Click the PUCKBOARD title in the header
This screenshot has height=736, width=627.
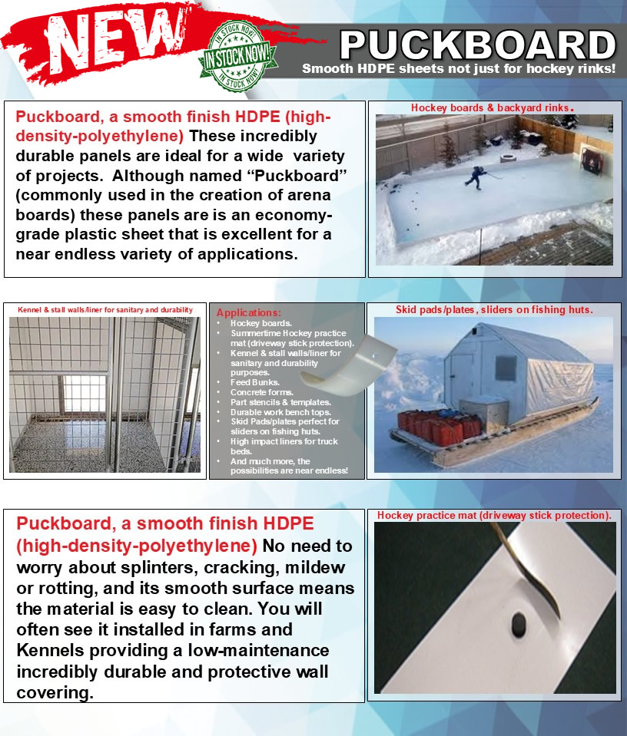click(x=477, y=45)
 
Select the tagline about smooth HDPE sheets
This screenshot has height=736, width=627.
click(x=459, y=68)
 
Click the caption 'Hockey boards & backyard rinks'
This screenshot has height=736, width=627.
click(x=492, y=108)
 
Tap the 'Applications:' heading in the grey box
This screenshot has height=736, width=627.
click(x=249, y=313)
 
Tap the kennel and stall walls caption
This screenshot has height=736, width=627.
click(x=104, y=310)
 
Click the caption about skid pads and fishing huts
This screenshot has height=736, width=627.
click(x=494, y=310)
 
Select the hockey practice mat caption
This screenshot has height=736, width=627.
click(x=494, y=516)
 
